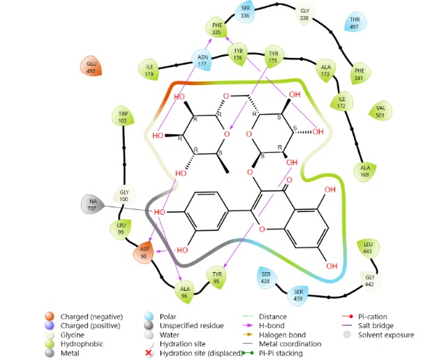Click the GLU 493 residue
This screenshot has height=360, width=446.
coord(91,66)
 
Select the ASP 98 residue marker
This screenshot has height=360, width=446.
coord(144,252)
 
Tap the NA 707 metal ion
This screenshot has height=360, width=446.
coord(92,204)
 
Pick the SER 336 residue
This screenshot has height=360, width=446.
coord(245,12)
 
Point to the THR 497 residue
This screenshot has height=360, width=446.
coord(355,23)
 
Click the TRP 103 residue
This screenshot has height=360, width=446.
coord(123,117)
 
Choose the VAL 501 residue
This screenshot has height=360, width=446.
coord(380,112)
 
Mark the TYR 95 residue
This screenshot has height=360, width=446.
coord(217,277)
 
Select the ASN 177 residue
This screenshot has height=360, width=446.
coord(202,60)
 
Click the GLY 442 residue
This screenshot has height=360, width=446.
coord(369,280)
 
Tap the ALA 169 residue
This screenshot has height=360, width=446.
coord(365,171)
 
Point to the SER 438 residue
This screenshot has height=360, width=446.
coord(265,277)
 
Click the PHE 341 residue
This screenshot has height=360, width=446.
coord(359,74)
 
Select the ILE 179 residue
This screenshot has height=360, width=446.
coord(149,70)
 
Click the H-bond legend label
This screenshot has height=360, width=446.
coord(272,326)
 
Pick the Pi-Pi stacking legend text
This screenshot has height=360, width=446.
coord(281,353)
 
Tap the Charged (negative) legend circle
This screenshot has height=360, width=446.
coord(50,316)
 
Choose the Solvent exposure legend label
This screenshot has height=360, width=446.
coord(386,335)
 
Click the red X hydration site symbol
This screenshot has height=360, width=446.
coord(149,353)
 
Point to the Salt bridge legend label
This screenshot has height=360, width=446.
coord(376,326)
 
